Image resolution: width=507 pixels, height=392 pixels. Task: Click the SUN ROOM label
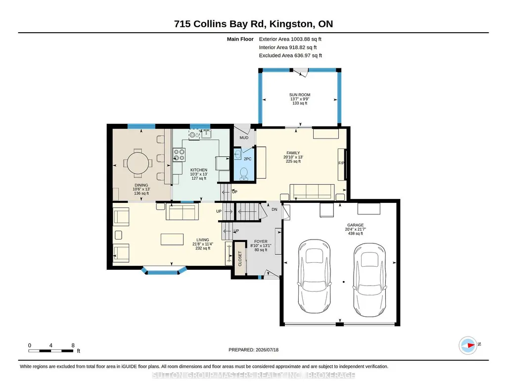(299, 95)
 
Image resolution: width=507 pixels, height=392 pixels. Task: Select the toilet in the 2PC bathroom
(243, 174)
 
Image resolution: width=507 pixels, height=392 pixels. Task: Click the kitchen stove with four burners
(179, 154)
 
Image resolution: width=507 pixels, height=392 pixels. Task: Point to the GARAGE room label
(355, 225)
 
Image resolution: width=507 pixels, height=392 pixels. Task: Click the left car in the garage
(314, 276)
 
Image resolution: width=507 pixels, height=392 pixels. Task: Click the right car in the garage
(369, 280)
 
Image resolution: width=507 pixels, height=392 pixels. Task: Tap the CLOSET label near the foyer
(240, 259)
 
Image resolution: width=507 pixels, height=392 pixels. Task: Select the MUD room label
(244, 138)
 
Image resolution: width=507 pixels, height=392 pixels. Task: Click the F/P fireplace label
(341, 163)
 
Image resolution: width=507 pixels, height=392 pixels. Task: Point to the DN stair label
(274, 209)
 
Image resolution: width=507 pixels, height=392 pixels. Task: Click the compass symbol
(468, 345)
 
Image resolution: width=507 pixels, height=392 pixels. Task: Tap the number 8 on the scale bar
(73, 345)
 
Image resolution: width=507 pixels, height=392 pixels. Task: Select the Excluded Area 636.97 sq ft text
(290, 55)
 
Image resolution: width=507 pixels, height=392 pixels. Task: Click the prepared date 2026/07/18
(267, 349)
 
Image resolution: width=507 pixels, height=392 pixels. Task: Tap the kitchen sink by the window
(206, 134)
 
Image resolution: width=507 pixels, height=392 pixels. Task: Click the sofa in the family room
(312, 192)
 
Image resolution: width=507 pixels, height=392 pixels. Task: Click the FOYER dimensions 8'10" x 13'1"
(261, 245)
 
